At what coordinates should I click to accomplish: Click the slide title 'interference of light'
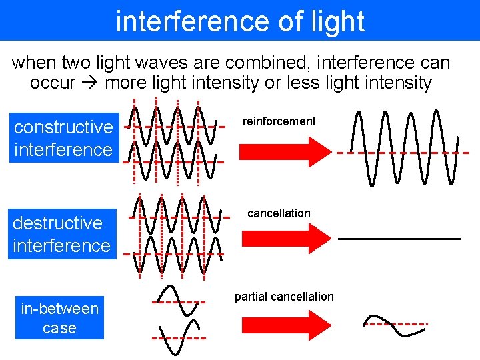(x=240, y=21)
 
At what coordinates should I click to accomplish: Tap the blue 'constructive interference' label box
(x=63, y=138)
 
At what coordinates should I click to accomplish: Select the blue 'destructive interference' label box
(x=61, y=234)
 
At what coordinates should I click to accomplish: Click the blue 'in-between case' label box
(x=59, y=318)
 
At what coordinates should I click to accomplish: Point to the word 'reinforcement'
(x=279, y=121)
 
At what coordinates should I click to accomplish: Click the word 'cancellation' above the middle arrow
(x=279, y=213)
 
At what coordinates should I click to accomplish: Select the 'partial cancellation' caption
(x=284, y=297)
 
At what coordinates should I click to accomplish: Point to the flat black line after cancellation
(x=399, y=238)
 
